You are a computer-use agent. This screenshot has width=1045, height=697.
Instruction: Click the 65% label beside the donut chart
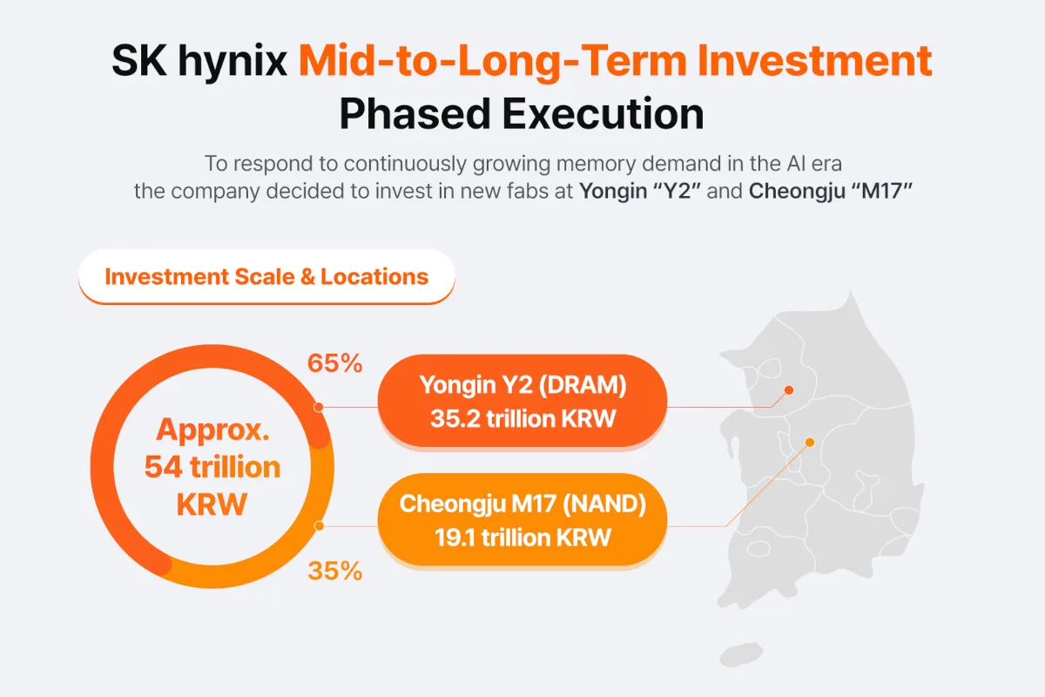[334, 363]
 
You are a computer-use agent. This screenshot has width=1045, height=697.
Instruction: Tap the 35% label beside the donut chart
[334, 571]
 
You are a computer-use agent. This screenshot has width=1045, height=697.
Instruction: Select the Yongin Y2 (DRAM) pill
[522, 401]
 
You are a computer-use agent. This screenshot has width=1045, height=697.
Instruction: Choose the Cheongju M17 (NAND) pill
[522, 519]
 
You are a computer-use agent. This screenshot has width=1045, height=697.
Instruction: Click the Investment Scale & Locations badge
[266, 276]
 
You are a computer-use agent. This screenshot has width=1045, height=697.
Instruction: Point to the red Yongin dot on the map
[789, 389]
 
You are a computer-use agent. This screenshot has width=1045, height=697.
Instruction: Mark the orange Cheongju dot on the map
[810, 442]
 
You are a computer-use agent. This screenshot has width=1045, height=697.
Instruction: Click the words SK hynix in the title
[199, 61]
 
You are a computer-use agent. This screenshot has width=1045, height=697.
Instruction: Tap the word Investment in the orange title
[814, 61]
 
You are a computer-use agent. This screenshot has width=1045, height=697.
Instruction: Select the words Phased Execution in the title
[522, 113]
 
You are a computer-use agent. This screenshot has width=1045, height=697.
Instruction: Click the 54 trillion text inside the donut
[212, 467]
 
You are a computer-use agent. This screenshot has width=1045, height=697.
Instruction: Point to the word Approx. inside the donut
[212, 430]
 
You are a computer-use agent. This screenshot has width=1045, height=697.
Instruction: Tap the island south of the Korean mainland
[741, 654]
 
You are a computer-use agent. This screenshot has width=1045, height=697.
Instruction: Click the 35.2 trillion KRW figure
[523, 418]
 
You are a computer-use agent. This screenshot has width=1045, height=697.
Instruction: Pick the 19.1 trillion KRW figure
[523, 538]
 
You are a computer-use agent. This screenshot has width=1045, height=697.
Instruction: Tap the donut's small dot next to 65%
[319, 407]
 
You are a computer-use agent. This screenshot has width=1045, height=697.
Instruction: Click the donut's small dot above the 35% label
[319, 526]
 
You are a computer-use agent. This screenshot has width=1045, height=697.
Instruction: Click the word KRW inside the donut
[212, 504]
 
